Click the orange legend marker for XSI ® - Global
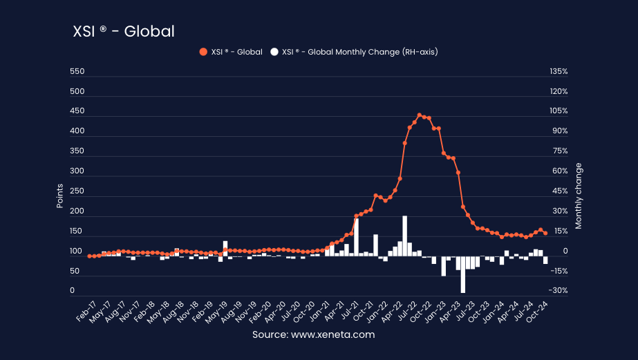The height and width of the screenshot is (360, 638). click(203, 52)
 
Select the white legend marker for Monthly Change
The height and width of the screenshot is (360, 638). click(274, 52)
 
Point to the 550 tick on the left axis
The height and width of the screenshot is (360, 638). click(77, 72)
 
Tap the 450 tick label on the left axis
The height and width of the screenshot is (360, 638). click(77, 111)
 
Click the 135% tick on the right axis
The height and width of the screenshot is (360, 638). click(559, 72)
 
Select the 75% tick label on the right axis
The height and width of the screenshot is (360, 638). click(559, 151)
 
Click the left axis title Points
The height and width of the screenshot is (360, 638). click(59, 196)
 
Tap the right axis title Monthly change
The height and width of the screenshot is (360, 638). click(579, 196)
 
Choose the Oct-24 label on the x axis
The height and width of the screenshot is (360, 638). click(539, 312)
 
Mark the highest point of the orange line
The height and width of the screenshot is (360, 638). click(419, 115)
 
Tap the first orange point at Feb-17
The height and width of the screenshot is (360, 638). click(90, 256)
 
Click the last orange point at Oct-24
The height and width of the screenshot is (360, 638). click(545, 233)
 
